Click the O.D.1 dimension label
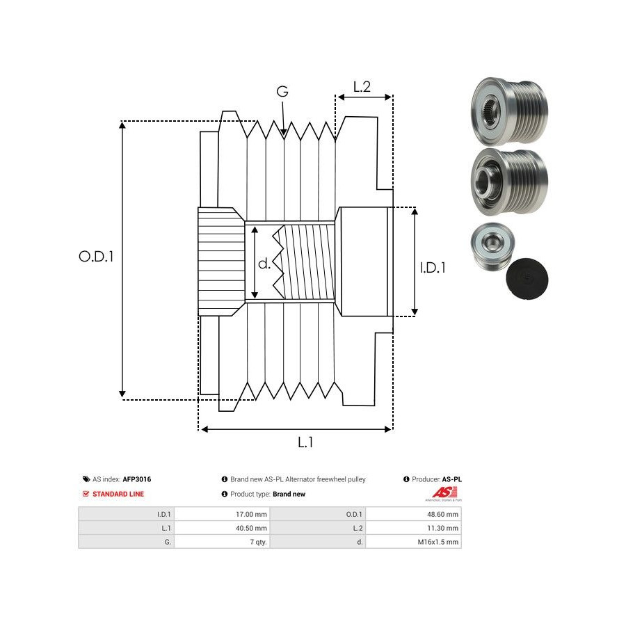tap(96, 256)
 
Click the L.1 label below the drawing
tap(305, 442)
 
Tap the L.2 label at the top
tap(362, 87)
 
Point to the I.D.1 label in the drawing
tap(432, 266)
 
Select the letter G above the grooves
tap(282, 92)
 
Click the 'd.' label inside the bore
tap(264, 264)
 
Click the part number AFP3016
tap(137, 479)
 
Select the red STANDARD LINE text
tap(118, 494)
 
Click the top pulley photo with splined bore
tap(508, 111)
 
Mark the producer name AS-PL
tap(452, 479)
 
